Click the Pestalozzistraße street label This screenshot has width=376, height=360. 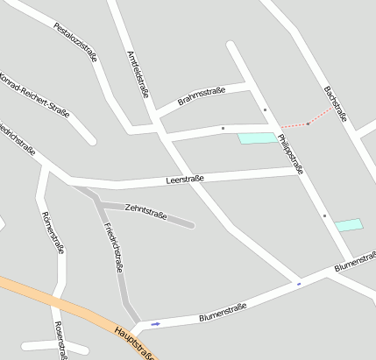pyautogui.click(x=75, y=42)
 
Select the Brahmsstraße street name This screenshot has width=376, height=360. pyautogui.click(x=202, y=96)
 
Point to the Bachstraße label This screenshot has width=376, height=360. pyautogui.click(x=336, y=103)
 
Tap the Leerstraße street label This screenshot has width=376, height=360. pyautogui.click(x=184, y=180)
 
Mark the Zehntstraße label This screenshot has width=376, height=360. pyautogui.click(x=145, y=211)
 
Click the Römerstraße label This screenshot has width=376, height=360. pyautogui.click(x=53, y=231)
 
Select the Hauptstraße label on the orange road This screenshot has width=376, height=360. pyautogui.click(x=134, y=342)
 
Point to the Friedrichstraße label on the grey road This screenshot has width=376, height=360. pyautogui.click(x=112, y=247)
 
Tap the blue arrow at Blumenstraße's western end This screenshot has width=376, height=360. pyautogui.click(x=156, y=324)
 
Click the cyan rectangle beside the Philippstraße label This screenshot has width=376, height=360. pyautogui.click(x=257, y=138)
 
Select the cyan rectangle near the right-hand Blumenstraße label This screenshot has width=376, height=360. pyautogui.click(x=348, y=225)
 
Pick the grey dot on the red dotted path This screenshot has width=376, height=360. pyautogui.click(x=308, y=124)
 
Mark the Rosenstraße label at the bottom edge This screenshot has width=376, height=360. pyautogui.click(x=60, y=341)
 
